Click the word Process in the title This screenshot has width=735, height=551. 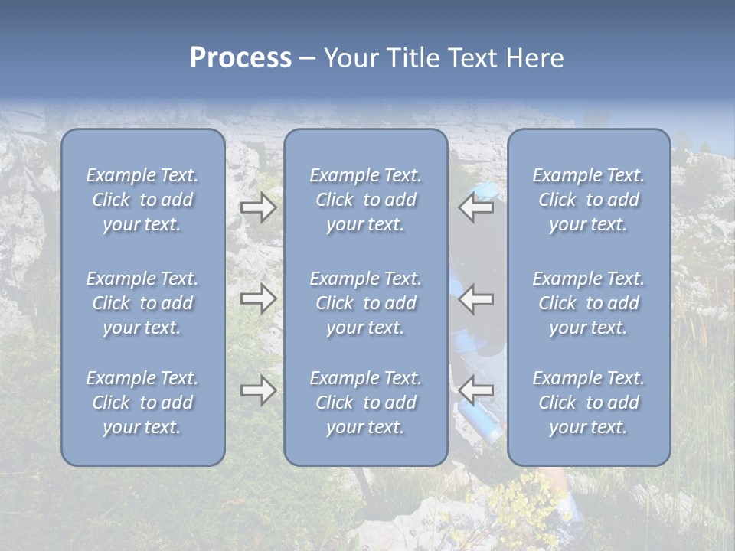click(x=240, y=58)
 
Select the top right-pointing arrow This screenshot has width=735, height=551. click(x=258, y=207)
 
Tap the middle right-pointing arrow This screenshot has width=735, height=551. click(x=258, y=298)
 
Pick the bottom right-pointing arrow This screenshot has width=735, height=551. click(x=258, y=390)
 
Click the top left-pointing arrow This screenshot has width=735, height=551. click(x=476, y=207)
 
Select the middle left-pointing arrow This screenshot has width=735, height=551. click(x=476, y=298)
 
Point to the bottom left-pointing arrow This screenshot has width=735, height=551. click(x=476, y=390)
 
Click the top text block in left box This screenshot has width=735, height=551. click(x=142, y=200)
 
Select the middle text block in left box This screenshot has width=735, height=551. click(x=142, y=303)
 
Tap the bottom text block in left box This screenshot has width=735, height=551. click(x=142, y=403)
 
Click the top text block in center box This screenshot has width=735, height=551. click(x=365, y=200)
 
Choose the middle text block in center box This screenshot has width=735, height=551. click(x=365, y=303)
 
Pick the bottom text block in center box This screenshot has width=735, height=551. click(x=365, y=403)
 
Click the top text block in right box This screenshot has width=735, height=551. click(x=588, y=200)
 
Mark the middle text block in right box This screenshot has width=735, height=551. click(x=588, y=303)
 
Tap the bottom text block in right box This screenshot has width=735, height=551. click(x=588, y=403)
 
